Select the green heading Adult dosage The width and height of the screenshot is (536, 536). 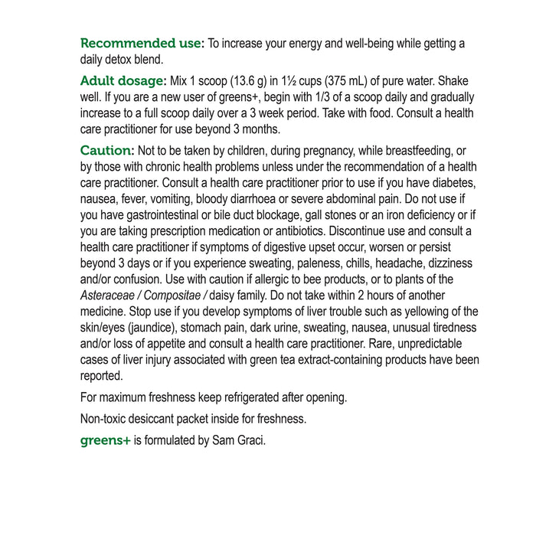click(x=123, y=81)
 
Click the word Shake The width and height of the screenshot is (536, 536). click(x=453, y=81)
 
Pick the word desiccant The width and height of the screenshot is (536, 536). click(x=160, y=419)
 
